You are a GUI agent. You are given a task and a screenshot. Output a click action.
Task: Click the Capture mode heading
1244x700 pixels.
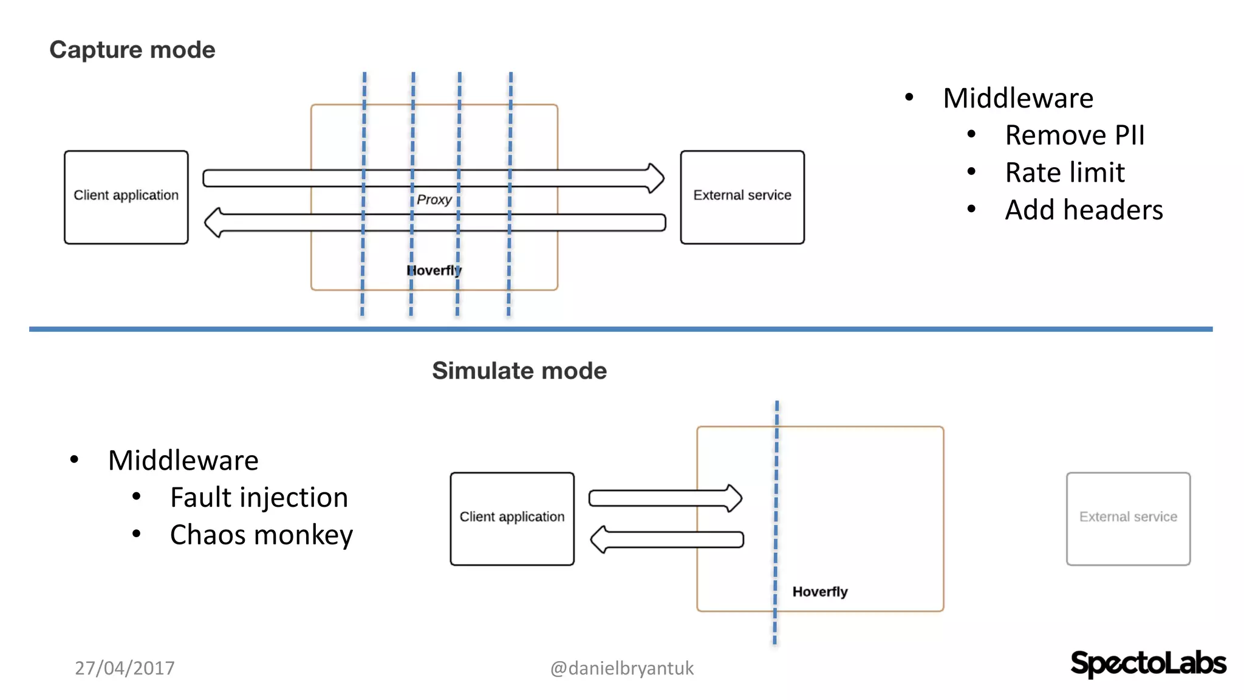[132, 50]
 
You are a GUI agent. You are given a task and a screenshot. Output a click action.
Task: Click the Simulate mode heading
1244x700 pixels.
[519, 371]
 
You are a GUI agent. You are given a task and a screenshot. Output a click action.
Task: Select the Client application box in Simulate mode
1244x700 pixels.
[512, 518]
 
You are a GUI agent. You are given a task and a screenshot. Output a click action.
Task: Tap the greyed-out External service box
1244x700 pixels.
[1128, 518]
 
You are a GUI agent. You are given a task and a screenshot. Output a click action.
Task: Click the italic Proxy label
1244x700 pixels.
[434, 199]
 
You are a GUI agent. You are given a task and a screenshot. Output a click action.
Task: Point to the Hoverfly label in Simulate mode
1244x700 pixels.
[819, 591]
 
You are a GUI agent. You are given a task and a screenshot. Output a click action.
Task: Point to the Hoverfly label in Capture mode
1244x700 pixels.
[434, 270]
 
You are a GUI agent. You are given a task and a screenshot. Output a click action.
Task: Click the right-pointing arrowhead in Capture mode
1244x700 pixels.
[655, 178]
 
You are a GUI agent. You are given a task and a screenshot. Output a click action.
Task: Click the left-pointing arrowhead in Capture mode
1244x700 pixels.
[213, 222]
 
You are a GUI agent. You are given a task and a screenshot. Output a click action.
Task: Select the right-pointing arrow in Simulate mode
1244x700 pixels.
[665, 498]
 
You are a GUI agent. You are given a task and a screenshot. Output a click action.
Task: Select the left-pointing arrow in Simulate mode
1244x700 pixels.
[666, 540]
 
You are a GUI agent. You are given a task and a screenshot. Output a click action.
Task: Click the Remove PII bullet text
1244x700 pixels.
[1074, 135]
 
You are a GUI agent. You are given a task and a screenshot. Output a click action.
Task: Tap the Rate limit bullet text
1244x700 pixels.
[1064, 173]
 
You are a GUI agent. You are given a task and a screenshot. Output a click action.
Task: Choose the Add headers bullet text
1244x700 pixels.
[1084, 210]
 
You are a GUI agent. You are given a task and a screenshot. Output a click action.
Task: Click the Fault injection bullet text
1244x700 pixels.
[259, 497]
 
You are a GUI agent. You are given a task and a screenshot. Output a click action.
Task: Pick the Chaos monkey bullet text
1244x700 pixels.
[261, 535]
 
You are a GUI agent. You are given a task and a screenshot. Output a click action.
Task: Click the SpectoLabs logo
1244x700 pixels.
[1147, 663]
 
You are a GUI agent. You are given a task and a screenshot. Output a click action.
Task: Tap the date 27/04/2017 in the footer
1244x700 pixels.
[125, 668]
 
